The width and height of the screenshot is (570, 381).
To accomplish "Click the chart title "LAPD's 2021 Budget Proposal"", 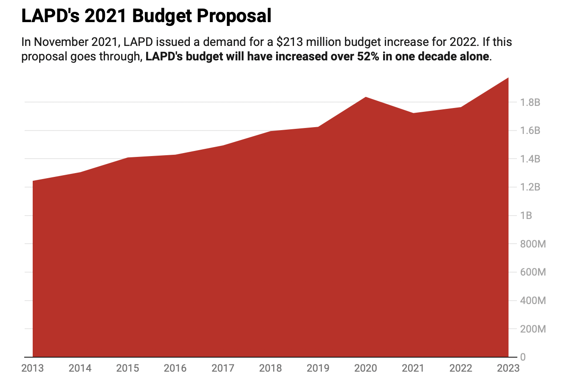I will (x=146, y=16).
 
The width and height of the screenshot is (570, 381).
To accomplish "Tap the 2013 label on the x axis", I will (x=32, y=368).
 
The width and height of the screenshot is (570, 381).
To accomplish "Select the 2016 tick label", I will (x=175, y=368).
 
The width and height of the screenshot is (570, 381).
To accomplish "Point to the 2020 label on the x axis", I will (x=365, y=368).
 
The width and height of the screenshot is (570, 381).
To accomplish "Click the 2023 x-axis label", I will (x=508, y=368).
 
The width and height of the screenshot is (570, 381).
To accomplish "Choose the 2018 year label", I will (x=270, y=368).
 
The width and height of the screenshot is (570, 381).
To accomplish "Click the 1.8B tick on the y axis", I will (x=530, y=102).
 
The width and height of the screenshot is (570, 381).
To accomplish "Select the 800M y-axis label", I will (x=533, y=244).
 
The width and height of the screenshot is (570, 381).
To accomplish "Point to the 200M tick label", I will (x=533, y=329).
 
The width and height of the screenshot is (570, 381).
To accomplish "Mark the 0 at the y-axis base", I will (x=522, y=357).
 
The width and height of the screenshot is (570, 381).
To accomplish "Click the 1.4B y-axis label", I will (x=530, y=159).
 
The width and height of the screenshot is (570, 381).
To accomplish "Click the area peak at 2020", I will (x=366, y=97).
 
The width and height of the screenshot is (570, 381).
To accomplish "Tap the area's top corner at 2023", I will (x=508, y=78).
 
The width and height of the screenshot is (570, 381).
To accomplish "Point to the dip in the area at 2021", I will (x=413, y=113).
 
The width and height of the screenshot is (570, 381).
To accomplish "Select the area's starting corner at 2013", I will (x=33, y=181).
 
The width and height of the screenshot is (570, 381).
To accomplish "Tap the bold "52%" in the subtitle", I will (x=375, y=57).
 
